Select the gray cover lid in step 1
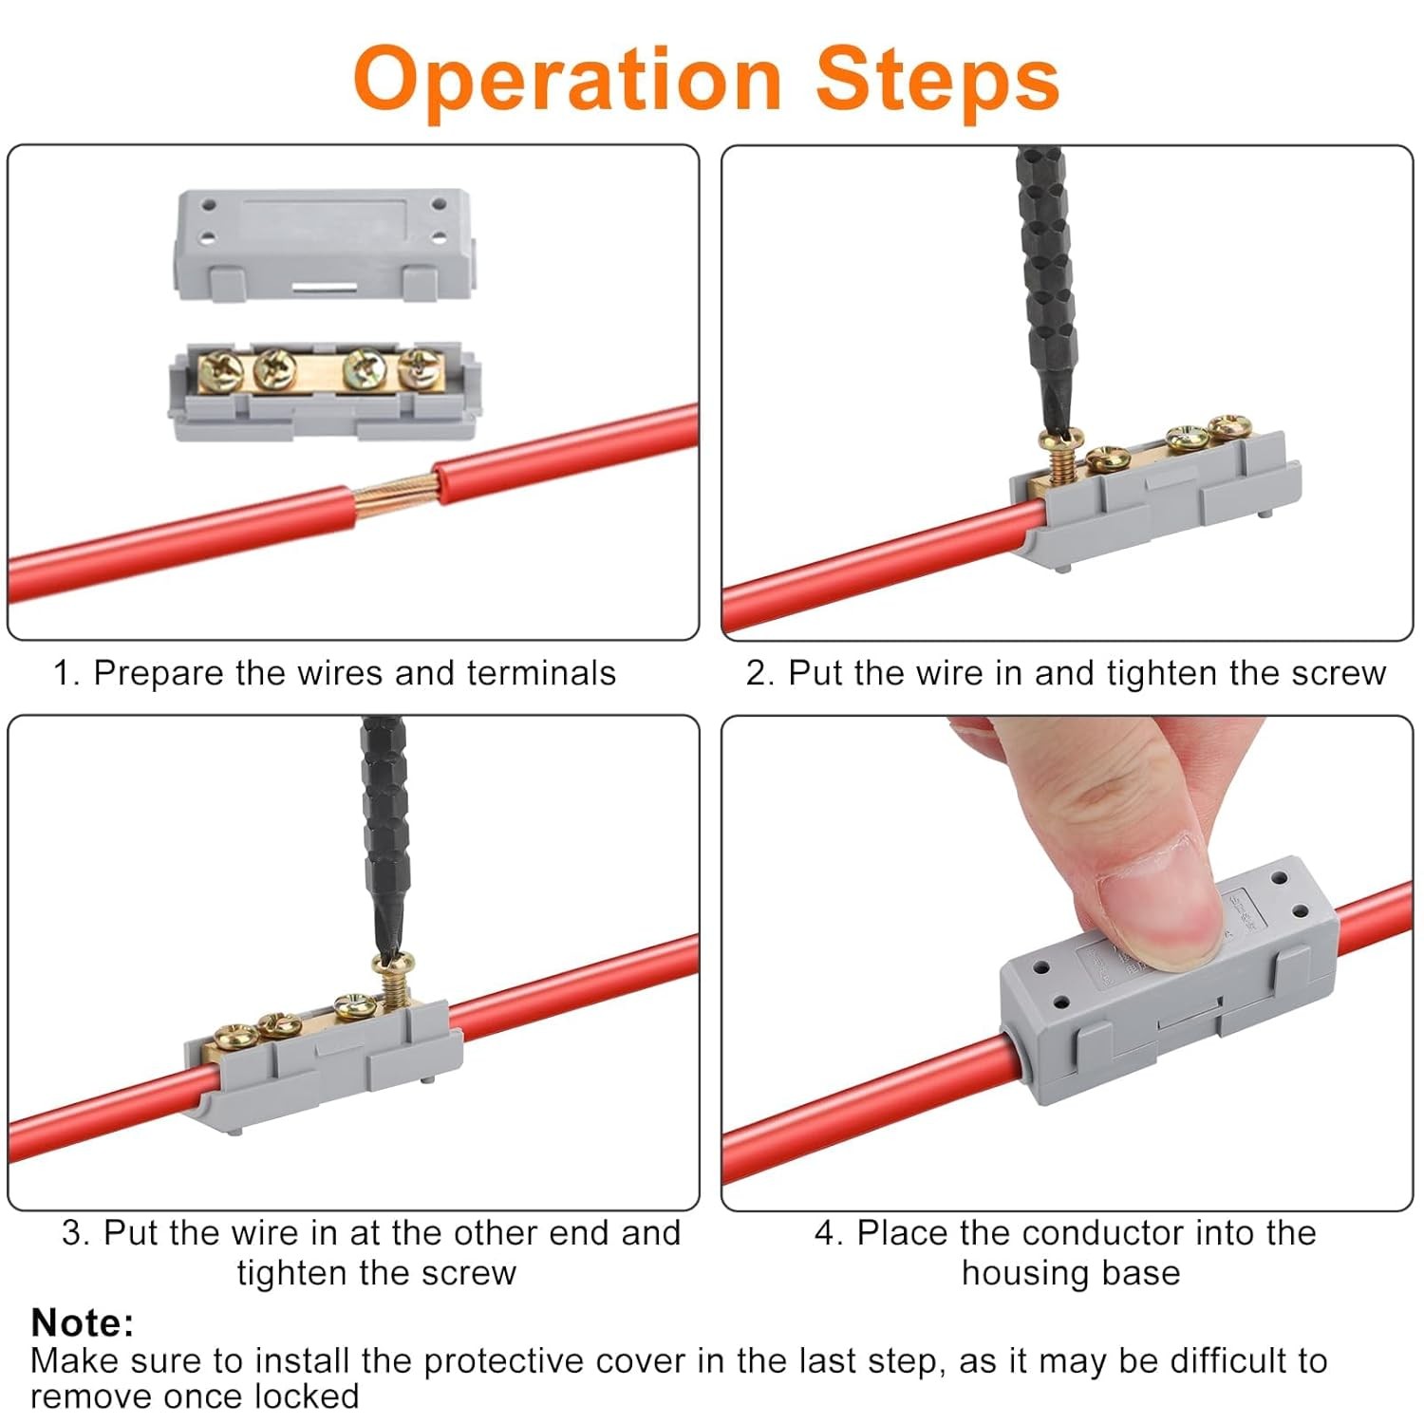pos(323,245)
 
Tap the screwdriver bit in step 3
pos(386,836)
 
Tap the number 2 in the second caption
pos(756,673)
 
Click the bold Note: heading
pos(83,1322)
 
